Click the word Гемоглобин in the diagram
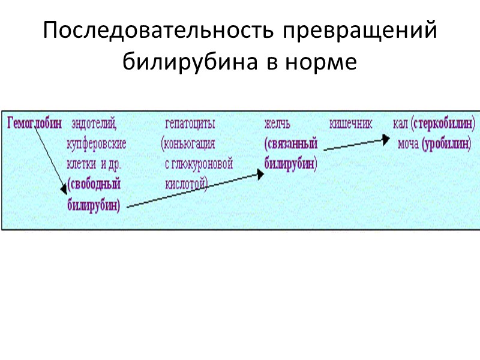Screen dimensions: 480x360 (35, 124)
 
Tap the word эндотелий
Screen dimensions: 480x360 (94, 124)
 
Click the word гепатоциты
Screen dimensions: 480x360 (190, 124)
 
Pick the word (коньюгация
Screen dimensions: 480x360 (188, 144)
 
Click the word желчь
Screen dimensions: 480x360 (278, 124)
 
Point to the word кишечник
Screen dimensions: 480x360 (351, 124)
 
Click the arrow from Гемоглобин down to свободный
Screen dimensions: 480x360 (49, 159)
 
